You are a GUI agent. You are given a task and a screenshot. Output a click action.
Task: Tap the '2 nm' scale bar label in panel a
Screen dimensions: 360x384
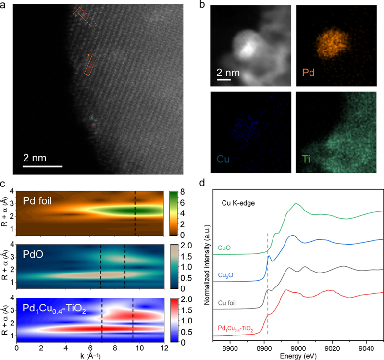click(42, 159)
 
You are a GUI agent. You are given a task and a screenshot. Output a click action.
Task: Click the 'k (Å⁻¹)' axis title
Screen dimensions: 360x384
click(91, 354)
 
